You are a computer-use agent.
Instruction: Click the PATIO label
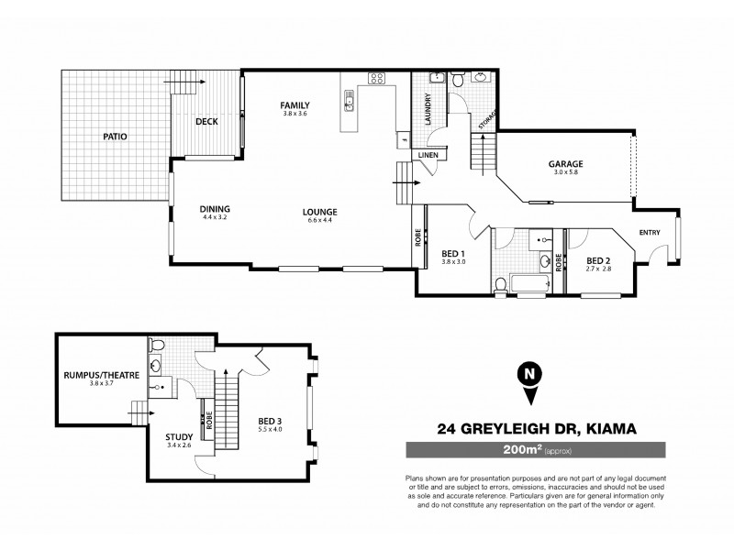point(115,137)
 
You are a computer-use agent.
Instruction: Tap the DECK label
point(206,121)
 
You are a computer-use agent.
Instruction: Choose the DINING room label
point(214,209)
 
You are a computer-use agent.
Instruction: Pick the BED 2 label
point(598,259)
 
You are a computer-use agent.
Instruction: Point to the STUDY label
point(178,438)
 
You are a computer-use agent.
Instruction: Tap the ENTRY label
point(650,232)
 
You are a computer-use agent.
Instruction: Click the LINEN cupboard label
point(428,156)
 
